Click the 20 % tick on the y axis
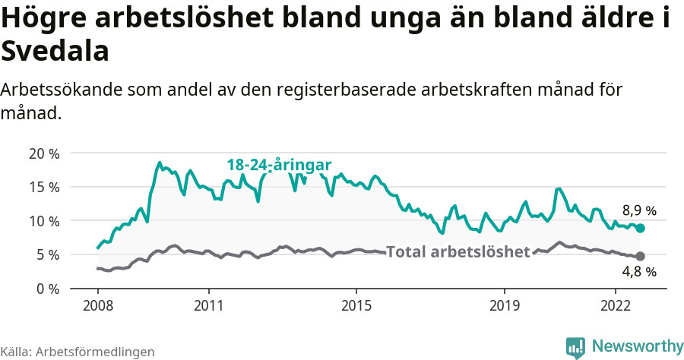pyautogui.click(x=43, y=153)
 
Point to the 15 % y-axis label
pyautogui.click(x=43, y=187)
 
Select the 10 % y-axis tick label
pyautogui.click(x=43, y=221)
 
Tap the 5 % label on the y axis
pyautogui.click(x=47, y=255)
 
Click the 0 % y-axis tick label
pyautogui.click(x=47, y=289)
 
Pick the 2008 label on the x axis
pyautogui.click(x=97, y=305)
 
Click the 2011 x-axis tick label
pyautogui.click(x=208, y=305)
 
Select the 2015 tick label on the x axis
pyautogui.click(x=356, y=305)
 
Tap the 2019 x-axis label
pyautogui.click(x=504, y=305)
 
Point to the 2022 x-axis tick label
pyautogui.click(x=615, y=305)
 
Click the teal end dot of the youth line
pyautogui.click(x=640, y=228)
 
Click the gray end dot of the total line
pyautogui.click(x=640, y=256)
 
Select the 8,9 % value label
pyautogui.click(x=639, y=210)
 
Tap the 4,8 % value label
pyautogui.click(x=639, y=271)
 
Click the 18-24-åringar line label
pyautogui.click(x=279, y=165)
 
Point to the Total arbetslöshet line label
pyautogui.click(x=458, y=251)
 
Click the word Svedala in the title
pyautogui.click(x=55, y=51)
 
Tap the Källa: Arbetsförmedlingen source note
pyautogui.click(x=78, y=352)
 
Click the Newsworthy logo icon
pyautogui.click(x=575, y=347)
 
